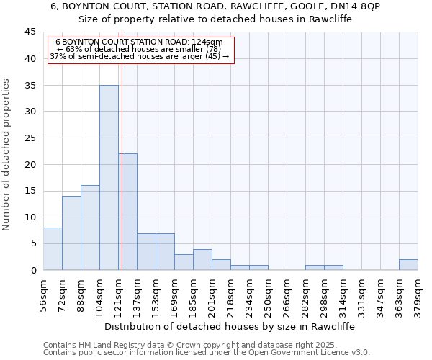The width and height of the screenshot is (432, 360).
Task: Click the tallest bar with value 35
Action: [x=109, y=178]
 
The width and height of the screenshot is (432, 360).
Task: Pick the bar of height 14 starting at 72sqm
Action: [x=71, y=233]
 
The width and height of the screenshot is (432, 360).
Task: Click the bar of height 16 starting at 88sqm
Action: [x=90, y=228]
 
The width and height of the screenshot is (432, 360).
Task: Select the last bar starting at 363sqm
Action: [x=408, y=265]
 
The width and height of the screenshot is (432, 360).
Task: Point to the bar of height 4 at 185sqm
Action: [x=202, y=260]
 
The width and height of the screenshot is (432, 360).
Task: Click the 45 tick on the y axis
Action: [x=30, y=32]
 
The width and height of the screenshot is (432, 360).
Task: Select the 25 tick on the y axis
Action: [x=30, y=138]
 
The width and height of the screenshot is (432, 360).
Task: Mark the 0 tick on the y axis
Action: [x=33, y=270]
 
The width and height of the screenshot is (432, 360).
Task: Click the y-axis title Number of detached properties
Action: [x=7, y=155]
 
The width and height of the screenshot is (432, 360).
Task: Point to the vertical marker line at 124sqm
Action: [x=122, y=166]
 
